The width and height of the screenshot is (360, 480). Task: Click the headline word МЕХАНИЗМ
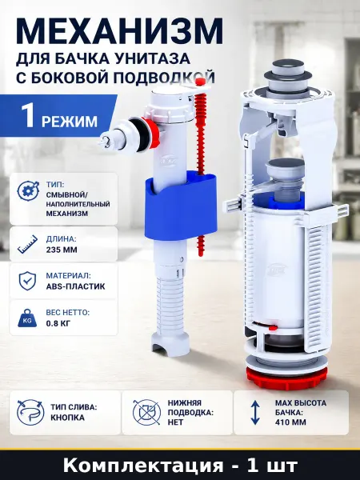click(x=120, y=33)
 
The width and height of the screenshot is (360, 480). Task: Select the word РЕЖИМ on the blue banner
click(x=69, y=122)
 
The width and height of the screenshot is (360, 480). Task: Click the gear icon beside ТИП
click(x=28, y=190)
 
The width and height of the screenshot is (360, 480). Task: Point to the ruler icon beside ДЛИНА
click(x=27, y=244)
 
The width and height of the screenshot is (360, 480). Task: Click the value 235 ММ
click(x=62, y=250)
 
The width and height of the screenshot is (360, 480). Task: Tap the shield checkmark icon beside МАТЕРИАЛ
click(x=27, y=281)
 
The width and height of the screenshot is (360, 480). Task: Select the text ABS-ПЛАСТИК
click(x=76, y=286)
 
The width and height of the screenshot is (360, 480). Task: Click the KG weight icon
click(x=27, y=318)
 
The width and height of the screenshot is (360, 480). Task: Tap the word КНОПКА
click(x=68, y=418)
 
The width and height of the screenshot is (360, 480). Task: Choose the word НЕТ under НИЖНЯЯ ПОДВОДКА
click(x=175, y=422)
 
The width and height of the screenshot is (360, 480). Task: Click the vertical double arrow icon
click(x=255, y=413)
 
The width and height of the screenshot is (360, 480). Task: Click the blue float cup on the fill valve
click(x=181, y=204)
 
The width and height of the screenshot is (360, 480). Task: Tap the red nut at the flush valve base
click(x=286, y=378)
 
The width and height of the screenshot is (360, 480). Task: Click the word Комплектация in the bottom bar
click(x=143, y=466)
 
